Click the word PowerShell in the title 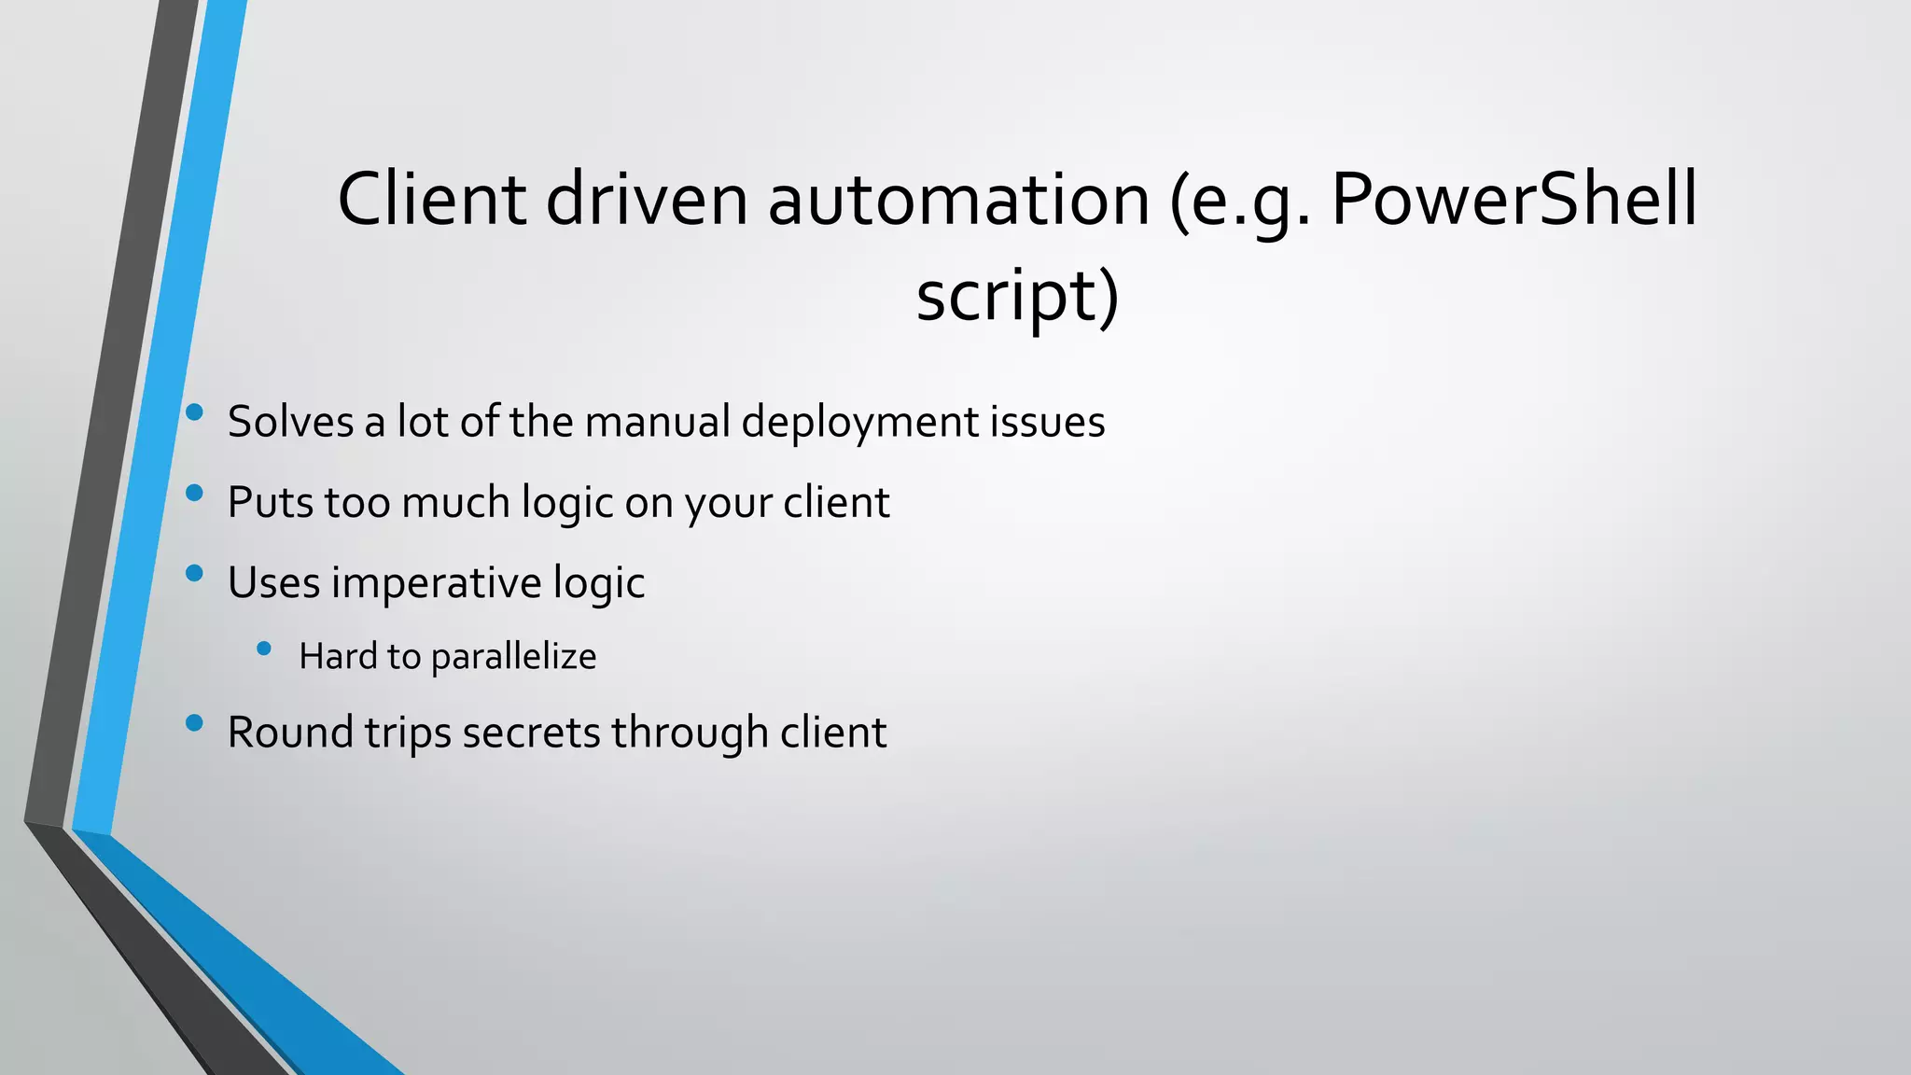(1513, 199)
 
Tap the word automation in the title (958, 199)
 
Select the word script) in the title (1017, 295)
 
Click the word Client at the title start (432, 199)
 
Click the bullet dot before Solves (194, 412)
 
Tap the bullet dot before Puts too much (194, 493)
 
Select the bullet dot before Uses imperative (194, 573)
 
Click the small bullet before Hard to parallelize (264, 648)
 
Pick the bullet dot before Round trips (194, 722)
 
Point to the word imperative (436, 583)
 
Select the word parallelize (513, 657)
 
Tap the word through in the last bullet (690, 733)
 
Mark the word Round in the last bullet (289, 733)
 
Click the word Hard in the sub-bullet (338, 657)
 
